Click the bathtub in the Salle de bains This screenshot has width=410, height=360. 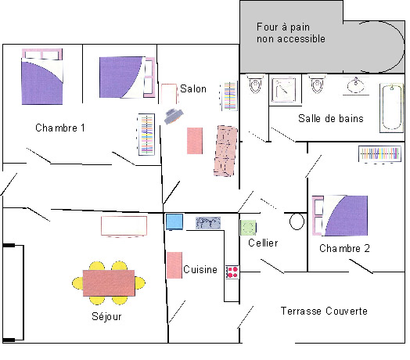coord(391,108)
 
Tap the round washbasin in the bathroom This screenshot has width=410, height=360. coord(355,85)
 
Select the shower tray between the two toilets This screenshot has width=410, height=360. coord(284,90)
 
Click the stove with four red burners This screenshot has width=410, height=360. coord(232,272)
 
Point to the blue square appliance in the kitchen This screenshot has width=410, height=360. coord(174,222)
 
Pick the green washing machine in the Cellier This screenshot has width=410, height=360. coord(248,228)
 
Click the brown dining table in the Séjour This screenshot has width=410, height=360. coord(109,283)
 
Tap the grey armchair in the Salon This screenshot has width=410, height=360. coord(174,116)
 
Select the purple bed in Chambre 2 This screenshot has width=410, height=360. coord(340,215)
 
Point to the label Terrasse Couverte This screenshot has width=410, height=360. coord(324,311)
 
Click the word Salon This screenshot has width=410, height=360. coord(193,89)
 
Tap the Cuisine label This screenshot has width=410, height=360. coord(200,269)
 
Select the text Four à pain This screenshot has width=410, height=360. coord(283,27)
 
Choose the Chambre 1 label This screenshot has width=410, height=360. coord(60,128)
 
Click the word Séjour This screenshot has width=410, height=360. coord(106,317)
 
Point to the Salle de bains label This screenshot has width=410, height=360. coord(331,118)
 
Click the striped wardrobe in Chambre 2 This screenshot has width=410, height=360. coord(379,153)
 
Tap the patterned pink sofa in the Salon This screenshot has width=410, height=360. coord(225,151)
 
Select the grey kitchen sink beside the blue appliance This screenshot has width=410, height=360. coord(208,223)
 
